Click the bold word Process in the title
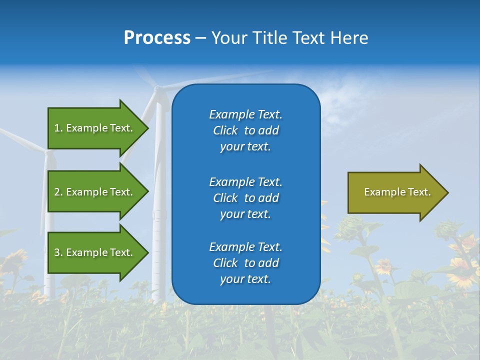(157, 38)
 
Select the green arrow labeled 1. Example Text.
(95, 128)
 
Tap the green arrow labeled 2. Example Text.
(95, 192)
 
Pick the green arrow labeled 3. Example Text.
(95, 252)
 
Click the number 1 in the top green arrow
(57, 128)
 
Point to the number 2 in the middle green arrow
(57, 192)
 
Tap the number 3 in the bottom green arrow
(57, 252)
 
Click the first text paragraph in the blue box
(245, 130)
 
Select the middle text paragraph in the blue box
(245, 197)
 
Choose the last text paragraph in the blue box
(245, 263)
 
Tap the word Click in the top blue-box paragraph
(225, 130)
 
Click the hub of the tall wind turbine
(158, 89)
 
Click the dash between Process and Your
(200, 38)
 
